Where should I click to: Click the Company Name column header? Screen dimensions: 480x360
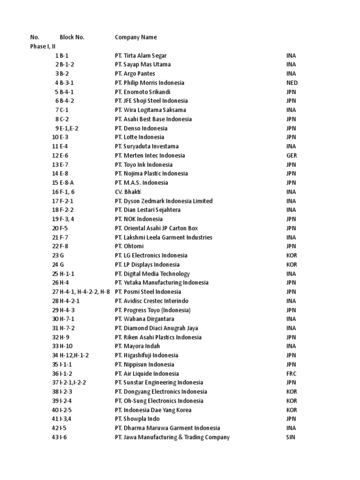coord(136,37)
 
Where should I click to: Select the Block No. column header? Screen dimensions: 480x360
coord(72,37)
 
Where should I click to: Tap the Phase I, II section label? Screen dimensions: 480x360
coord(43,46)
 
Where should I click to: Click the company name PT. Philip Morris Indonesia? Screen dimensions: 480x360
coord(150,83)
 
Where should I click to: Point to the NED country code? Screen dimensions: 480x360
coord(292,83)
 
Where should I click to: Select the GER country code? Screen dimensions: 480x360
coord(292,156)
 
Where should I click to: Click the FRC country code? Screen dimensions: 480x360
coord(292,374)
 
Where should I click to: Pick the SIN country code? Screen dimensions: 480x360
coord(291,437)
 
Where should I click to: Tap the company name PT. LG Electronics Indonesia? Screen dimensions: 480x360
coord(151,255)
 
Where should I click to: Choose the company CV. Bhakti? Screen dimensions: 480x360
coord(128,192)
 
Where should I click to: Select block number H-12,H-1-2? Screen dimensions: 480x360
coord(74,355)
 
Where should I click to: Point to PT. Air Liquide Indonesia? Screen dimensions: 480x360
coord(147,374)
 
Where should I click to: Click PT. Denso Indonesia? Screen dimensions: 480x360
coord(141,128)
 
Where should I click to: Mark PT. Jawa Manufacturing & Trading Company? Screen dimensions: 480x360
coord(172,437)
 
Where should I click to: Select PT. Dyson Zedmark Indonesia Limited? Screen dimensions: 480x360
coord(164,201)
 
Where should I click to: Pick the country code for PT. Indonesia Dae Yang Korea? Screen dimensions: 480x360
coord(292,410)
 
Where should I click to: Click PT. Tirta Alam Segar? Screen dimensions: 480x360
coord(141,56)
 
